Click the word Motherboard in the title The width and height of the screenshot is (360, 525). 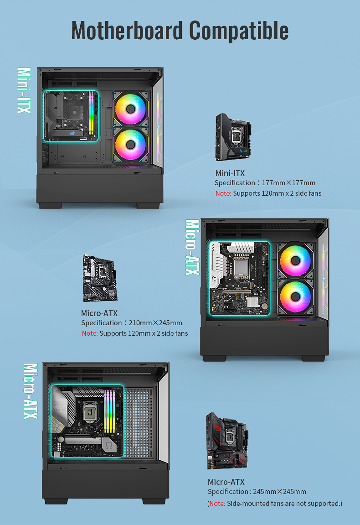pyautogui.click(x=127, y=31)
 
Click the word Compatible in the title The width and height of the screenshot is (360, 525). pyautogui.click(x=239, y=31)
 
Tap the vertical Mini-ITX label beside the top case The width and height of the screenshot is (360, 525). pyautogui.click(x=24, y=90)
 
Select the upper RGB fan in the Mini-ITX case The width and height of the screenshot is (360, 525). pyautogui.click(x=130, y=109)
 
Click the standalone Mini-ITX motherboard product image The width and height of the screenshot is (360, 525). pyautogui.click(x=233, y=137)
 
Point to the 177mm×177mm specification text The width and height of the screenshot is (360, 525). pyautogui.click(x=288, y=183)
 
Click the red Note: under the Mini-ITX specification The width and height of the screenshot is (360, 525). pyautogui.click(x=223, y=193)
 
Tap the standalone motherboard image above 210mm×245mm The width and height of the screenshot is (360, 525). pyautogui.click(x=100, y=278)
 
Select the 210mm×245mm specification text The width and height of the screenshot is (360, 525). pyautogui.click(x=155, y=323)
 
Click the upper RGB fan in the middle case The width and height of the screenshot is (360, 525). pyautogui.click(x=295, y=260)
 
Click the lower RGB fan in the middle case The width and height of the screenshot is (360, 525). pyautogui.click(x=295, y=296)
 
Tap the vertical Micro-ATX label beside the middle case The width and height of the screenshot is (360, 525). pyautogui.click(x=192, y=247)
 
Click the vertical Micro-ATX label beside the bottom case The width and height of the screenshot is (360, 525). pyautogui.click(x=31, y=391)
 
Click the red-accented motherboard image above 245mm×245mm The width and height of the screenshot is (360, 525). pyautogui.click(x=227, y=441)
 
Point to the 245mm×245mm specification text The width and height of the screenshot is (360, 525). pyautogui.click(x=279, y=492)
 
